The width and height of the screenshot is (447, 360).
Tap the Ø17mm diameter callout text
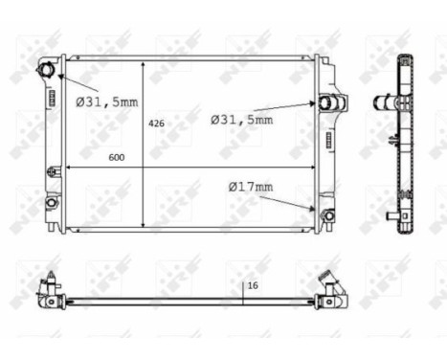(x=251, y=187)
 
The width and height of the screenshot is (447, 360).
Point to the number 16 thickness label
(x=253, y=285)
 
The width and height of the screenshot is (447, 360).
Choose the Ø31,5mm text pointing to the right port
(x=242, y=120)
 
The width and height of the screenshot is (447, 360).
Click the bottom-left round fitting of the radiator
(x=49, y=204)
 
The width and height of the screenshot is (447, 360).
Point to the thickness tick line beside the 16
(x=243, y=291)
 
